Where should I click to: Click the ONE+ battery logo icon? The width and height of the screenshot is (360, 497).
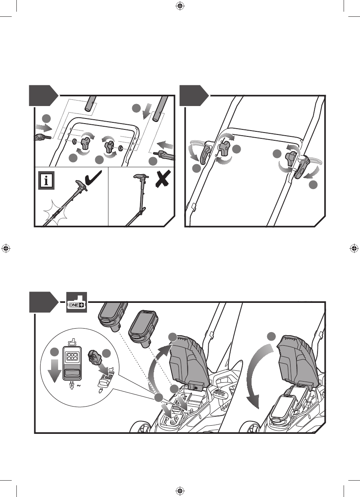76,302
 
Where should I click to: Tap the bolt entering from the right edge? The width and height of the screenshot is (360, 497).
164,157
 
